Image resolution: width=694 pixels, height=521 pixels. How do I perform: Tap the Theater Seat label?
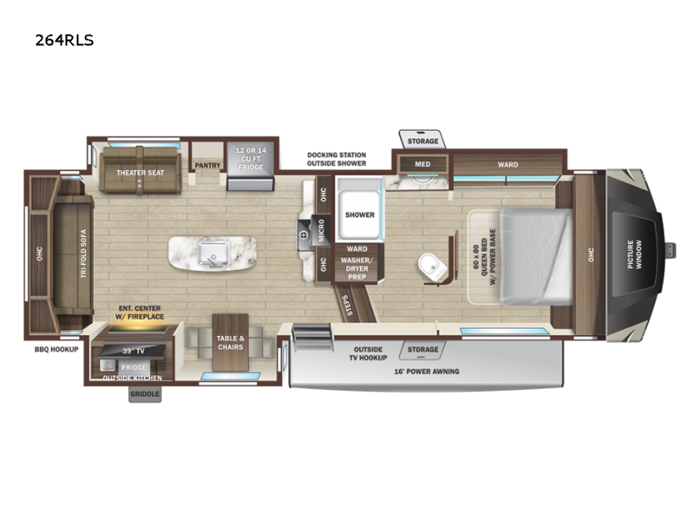141,173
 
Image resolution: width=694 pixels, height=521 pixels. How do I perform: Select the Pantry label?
207,164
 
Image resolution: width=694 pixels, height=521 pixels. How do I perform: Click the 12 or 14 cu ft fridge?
250,160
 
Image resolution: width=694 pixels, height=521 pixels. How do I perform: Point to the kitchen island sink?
213,251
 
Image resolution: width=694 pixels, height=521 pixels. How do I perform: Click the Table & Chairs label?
230,343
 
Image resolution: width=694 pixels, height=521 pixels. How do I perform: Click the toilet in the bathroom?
429,264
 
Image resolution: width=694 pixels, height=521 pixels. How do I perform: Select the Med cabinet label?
422,164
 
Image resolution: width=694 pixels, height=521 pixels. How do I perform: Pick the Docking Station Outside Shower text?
336,159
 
